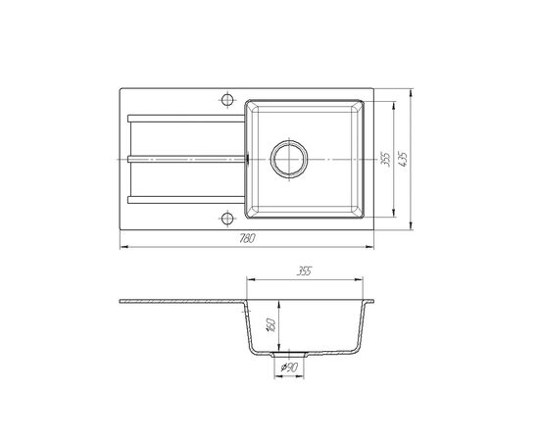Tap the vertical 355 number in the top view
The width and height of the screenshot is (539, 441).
coord(386,158)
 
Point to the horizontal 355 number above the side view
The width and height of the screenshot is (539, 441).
coord(306,271)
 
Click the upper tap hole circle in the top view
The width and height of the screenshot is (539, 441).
coord(227,99)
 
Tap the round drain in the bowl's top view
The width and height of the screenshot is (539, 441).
coord(289,157)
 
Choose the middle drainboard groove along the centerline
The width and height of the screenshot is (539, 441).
coord(186,157)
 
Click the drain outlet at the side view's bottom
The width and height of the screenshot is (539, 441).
coord(291,356)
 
